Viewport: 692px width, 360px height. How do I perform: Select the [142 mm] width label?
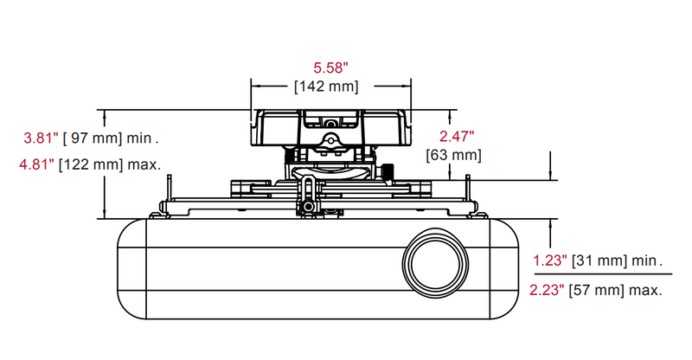coord(326,86)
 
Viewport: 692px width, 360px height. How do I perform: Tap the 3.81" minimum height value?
coord(40,137)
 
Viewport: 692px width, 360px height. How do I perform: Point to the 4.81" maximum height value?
coord(39,164)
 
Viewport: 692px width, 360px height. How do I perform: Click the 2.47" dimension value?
coord(456,136)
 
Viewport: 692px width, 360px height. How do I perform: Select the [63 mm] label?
coord(454,155)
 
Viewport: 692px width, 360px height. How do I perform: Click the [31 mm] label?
coord(598,260)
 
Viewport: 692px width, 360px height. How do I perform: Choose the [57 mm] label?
coord(598,291)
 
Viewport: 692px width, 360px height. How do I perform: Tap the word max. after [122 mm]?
coord(144,164)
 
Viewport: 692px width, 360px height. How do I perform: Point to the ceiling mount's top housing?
coord(330,127)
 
